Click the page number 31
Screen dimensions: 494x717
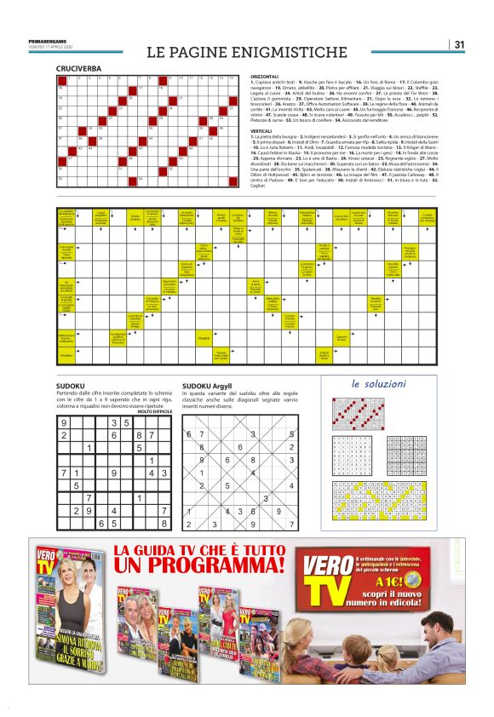(x=459, y=44)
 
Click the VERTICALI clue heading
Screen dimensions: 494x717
(x=266, y=131)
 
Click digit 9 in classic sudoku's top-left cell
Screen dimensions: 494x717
(x=65, y=422)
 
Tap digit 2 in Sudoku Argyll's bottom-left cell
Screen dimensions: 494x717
(x=190, y=525)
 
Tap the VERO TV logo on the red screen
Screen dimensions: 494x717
(x=324, y=576)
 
